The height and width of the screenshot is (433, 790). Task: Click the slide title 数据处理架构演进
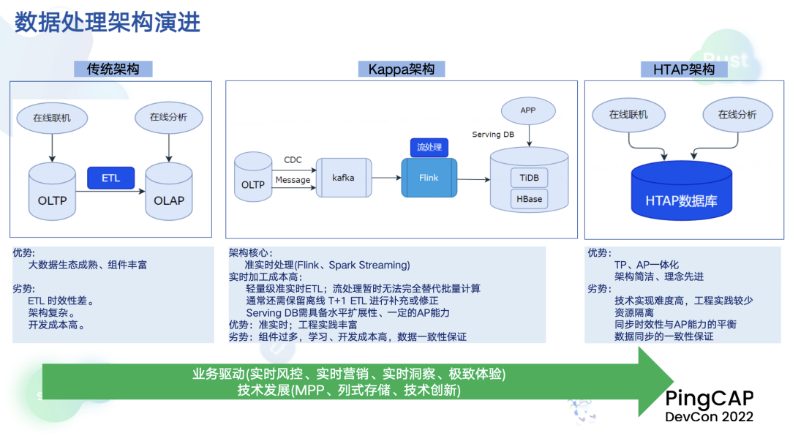click(x=108, y=23)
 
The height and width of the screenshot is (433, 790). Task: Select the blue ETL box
click(x=110, y=178)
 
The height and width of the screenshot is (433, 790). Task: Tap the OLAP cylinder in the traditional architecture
click(x=169, y=193)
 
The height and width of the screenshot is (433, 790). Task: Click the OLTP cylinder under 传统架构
click(x=52, y=193)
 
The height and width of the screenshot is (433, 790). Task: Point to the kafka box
click(x=343, y=178)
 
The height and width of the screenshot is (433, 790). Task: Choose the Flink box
click(x=429, y=178)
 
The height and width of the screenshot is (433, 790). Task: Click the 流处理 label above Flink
click(x=429, y=147)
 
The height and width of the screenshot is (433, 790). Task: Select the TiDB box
click(x=529, y=178)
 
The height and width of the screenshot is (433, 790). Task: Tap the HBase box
click(x=529, y=199)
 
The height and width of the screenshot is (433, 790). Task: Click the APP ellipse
click(x=528, y=110)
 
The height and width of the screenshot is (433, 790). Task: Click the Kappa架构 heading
click(x=402, y=69)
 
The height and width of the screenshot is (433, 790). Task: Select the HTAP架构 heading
click(x=684, y=69)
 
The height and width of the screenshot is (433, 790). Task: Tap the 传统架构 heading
click(x=113, y=69)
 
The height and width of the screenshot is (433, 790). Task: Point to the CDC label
click(x=293, y=160)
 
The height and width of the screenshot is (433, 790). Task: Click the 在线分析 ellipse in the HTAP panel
click(x=737, y=115)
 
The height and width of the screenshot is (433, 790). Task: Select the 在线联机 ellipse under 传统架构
click(x=52, y=117)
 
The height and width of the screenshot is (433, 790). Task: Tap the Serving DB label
click(x=492, y=135)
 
